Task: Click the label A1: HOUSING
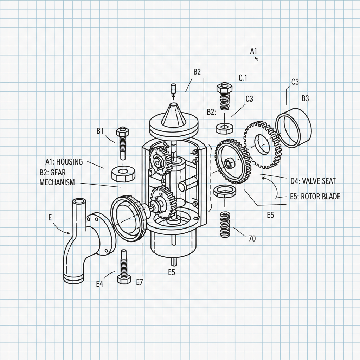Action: pos(64,162)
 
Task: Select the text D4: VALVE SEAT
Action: pos(313,181)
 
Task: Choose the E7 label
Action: pos(139,282)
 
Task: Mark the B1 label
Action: pos(100,131)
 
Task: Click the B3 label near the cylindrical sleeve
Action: pos(305,98)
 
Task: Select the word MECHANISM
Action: pos(57,182)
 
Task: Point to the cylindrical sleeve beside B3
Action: pos(294,130)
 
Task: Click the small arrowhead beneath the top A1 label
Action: pos(256,59)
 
